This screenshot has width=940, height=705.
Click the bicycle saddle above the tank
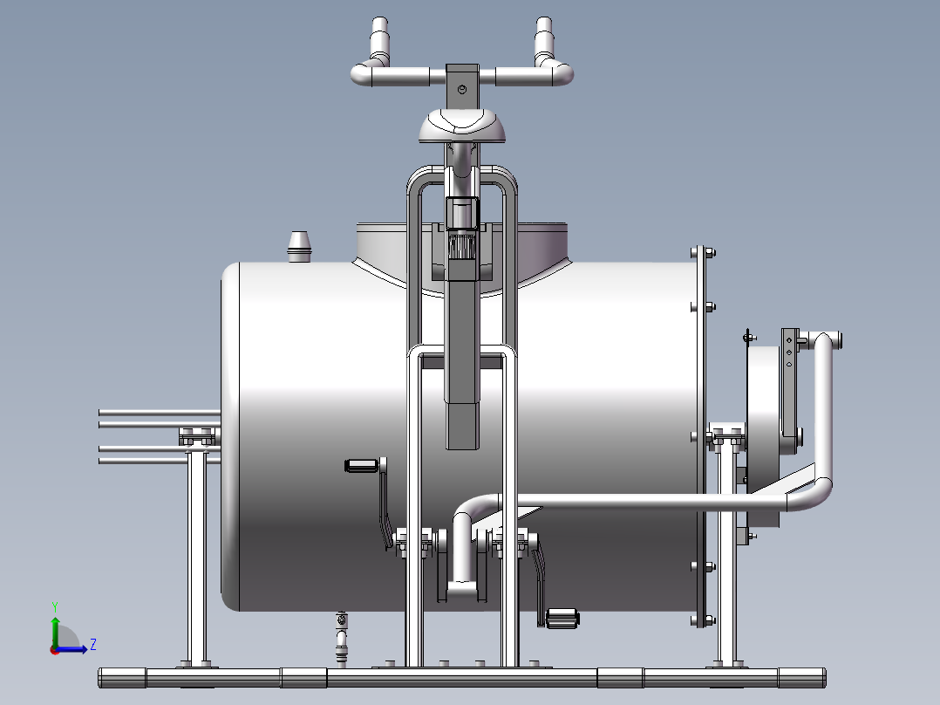(x=461, y=126)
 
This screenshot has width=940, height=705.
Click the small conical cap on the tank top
(x=299, y=247)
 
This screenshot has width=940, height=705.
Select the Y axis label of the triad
(x=55, y=606)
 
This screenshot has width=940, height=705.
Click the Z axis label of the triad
(x=93, y=645)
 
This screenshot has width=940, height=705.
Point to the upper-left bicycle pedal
(x=362, y=466)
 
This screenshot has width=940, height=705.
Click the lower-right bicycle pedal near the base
(x=562, y=618)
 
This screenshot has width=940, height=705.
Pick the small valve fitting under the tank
(x=341, y=638)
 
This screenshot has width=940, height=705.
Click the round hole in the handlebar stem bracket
(x=461, y=89)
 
